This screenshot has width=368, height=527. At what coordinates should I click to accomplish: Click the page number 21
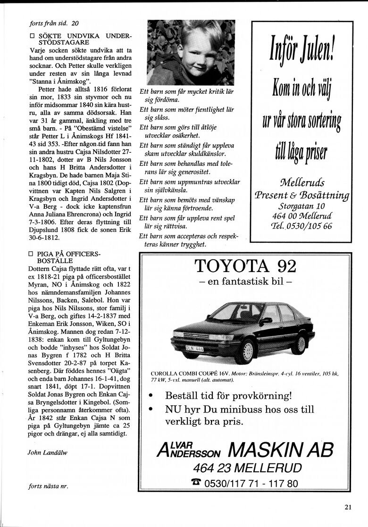(348, 507)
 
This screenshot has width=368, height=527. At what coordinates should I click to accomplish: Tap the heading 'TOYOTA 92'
(245, 266)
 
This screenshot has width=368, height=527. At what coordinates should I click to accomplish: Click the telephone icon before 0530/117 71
(197, 483)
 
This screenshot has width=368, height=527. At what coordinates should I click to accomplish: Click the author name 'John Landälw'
(48, 452)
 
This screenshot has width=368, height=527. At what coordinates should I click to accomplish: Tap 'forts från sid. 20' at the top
(54, 23)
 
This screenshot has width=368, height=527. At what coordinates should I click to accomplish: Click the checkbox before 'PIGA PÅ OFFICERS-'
(32, 254)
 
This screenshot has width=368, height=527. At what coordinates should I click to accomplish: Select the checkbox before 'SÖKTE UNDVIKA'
(32, 36)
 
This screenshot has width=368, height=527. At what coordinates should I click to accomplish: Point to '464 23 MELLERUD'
(247, 468)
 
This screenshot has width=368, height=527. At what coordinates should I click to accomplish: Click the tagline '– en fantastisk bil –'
(245, 283)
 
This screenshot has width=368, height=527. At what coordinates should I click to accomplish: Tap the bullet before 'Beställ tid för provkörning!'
(151, 395)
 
